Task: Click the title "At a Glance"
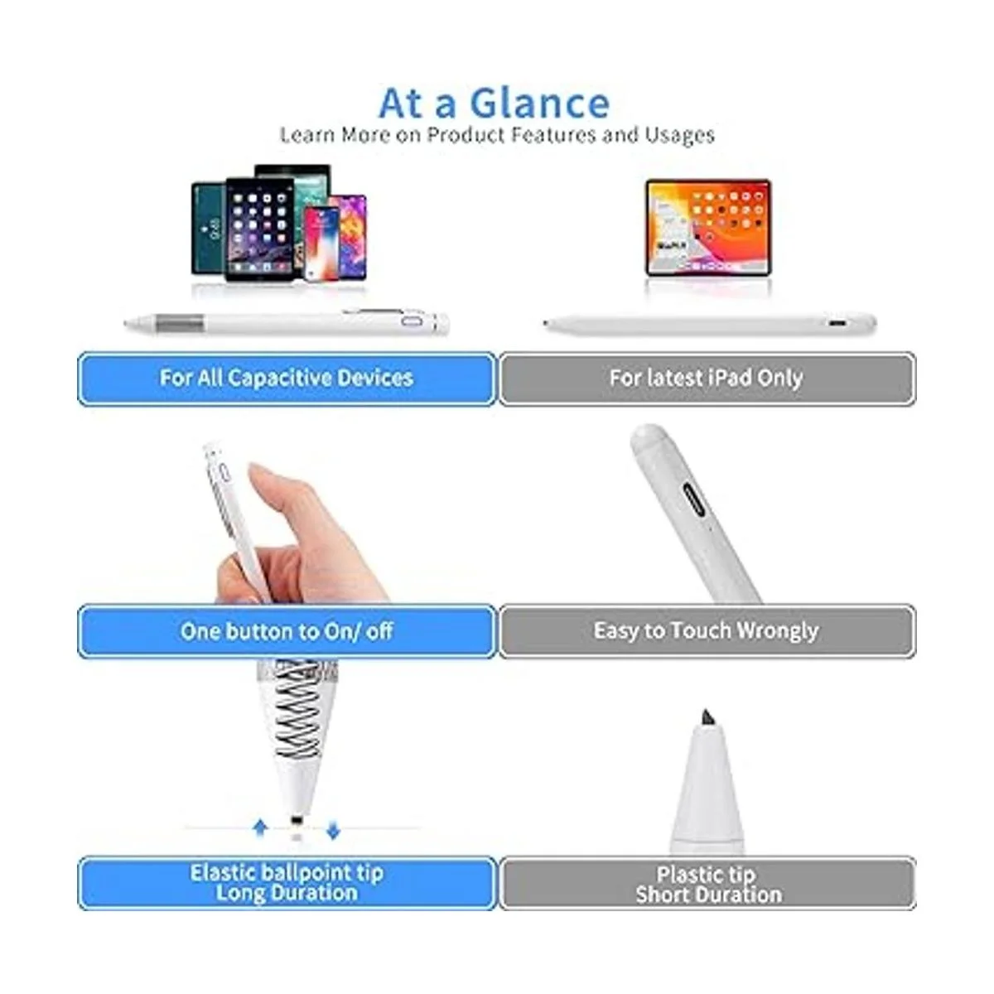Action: pyautogui.click(x=495, y=104)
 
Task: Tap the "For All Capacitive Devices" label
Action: pyautogui.click(x=287, y=379)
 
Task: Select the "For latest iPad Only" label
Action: pyautogui.click(x=707, y=379)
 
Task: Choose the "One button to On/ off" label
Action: pyautogui.click(x=287, y=631)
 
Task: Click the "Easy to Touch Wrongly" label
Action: pyautogui.click(x=707, y=631)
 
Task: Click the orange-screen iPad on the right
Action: pyautogui.click(x=708, y=228)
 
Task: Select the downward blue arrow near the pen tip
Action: pyautogui.click(x=333, y=829)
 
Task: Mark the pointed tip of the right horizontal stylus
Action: pyautogui.click(x=547, y=323)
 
